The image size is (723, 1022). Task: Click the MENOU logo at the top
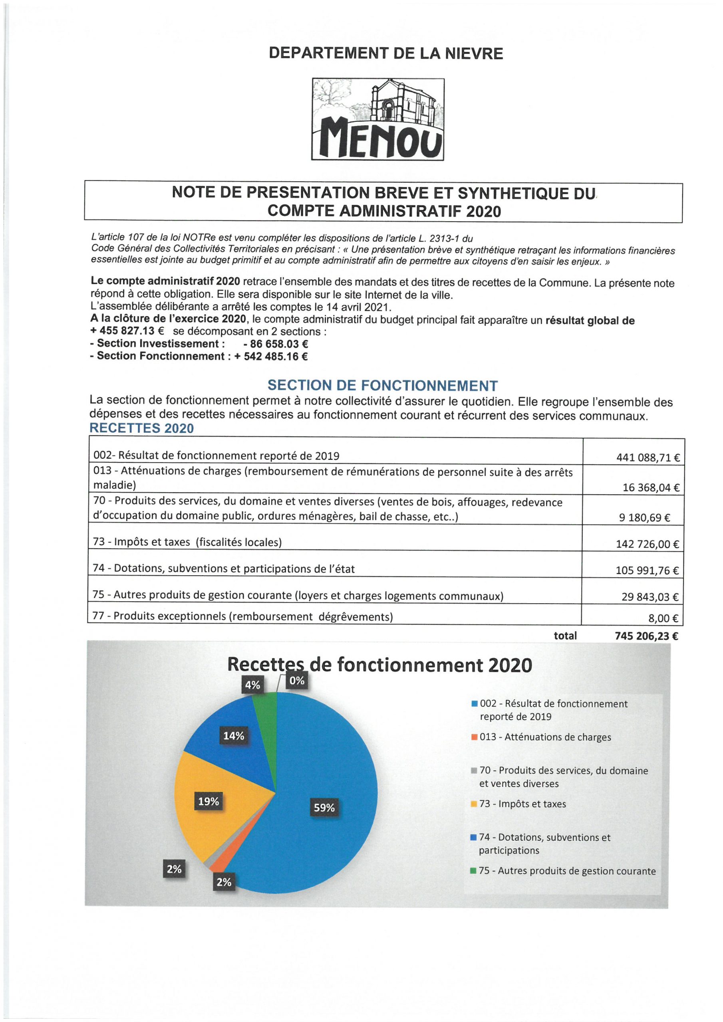coord(378,119)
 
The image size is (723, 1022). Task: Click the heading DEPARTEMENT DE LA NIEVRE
coord(386,53)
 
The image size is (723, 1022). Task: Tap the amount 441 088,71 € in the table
coord(648,458)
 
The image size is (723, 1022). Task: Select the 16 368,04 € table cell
coord(651,487)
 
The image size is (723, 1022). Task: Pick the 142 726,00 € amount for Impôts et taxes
coord(647,544)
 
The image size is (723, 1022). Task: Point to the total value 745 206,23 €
coord(646,636)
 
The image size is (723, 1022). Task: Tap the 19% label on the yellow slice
coord(209,802)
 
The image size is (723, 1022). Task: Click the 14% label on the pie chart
coord(233,736)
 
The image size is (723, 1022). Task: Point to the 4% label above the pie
coord(252,685)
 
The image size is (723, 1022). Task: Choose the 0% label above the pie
coord(297,680)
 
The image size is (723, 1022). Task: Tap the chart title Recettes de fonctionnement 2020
coord(379,665)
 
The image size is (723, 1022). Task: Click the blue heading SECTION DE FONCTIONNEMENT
coord(382,386)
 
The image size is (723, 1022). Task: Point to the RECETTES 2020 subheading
coord(142,428)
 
